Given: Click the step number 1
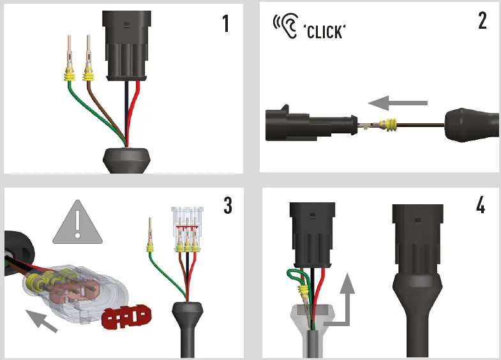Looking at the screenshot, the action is tap(226, 24).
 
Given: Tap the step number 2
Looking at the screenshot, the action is tap(482, 21).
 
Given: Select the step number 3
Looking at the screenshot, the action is tap(228, 206).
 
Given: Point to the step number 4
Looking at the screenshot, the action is tap(481, 205).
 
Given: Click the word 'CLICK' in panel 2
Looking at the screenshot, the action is tap(325, 32).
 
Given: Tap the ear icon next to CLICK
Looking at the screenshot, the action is tap(286, 26).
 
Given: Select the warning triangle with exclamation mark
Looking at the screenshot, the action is tap(78, 222).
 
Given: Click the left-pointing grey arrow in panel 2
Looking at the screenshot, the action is tap(398, 103).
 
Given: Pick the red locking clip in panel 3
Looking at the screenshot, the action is tap(126, 317).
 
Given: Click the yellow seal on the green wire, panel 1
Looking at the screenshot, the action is tap(70, 77).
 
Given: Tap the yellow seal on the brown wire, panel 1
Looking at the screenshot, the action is tap(89, 77).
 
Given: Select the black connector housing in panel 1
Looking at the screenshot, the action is tap(126, 45).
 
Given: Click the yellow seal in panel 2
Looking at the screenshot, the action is tap(391, 124).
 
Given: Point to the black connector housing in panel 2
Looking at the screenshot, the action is tap(311, 124).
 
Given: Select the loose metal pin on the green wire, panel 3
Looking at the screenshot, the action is tap(150, 230).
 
